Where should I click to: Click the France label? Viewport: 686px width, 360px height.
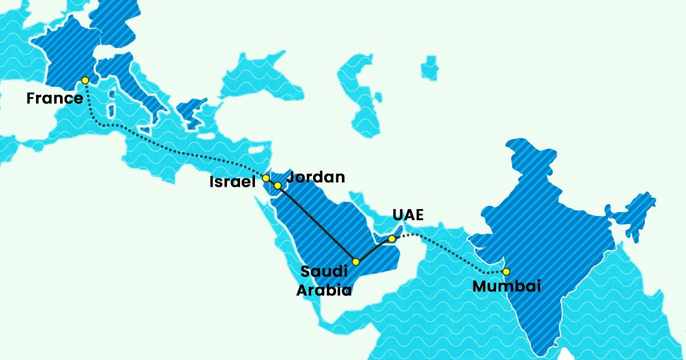pos(55,98)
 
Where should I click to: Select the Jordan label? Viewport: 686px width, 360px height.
pos(316,177)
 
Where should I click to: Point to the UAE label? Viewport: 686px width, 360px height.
pos(408,215)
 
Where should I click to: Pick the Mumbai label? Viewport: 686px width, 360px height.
pos(506,286)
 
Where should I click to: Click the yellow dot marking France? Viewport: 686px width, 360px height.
pos(85,80)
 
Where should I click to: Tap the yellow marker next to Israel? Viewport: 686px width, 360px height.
pos(266,178)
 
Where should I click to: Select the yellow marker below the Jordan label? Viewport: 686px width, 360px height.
pos(278,185)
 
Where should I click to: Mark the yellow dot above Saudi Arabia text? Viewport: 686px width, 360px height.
pos(356,262)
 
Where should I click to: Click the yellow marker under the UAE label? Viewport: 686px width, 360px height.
pos(392,238)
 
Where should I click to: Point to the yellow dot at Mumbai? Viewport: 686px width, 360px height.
pos(506,271)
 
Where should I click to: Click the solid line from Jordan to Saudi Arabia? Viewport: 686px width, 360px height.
pos(317,224)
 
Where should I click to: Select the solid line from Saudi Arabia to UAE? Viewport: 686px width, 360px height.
pos(373,250)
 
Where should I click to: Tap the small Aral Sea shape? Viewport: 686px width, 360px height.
pos(429,67)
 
